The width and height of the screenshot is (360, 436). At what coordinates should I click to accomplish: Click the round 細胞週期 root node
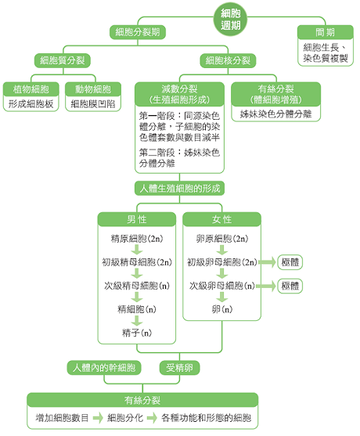coord(230,20)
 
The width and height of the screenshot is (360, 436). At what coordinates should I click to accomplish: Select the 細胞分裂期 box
coord(138,32)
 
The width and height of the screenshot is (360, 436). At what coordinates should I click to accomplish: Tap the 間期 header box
coord(326,32)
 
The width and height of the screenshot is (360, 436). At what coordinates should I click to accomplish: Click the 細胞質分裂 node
coord(63,60)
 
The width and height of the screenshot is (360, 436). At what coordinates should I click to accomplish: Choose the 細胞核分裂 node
coord(228,60)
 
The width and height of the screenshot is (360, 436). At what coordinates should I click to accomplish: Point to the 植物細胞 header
coord(31,89)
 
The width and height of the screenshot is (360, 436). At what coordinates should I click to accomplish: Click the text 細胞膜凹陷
coord(93,104)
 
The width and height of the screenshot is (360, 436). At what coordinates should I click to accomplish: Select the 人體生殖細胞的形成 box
coord(179,189)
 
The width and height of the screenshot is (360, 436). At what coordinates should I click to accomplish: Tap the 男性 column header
coord(137,219)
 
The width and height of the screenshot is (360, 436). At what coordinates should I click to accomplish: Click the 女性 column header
coord(221,219)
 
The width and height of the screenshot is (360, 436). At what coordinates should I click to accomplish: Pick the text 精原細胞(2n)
coord(137,239)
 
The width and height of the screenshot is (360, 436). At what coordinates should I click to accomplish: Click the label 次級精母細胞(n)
coord(137,286)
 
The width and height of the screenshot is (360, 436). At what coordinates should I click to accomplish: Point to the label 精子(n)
coord(137,333)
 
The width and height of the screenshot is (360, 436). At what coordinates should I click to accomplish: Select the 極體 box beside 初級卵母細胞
coord(290,262)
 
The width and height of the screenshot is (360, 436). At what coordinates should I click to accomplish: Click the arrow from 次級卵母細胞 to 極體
coord(266,286)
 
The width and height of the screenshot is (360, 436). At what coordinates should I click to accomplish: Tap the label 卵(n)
coord(221,309)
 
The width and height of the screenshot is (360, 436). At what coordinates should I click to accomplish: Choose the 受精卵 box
coord(179,368)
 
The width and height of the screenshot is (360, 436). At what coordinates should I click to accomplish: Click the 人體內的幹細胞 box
coord(104,368)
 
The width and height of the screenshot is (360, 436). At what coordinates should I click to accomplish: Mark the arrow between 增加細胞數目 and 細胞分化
coord(98,418)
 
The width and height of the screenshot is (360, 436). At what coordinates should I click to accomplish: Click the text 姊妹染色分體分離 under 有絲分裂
coord(275,114)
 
